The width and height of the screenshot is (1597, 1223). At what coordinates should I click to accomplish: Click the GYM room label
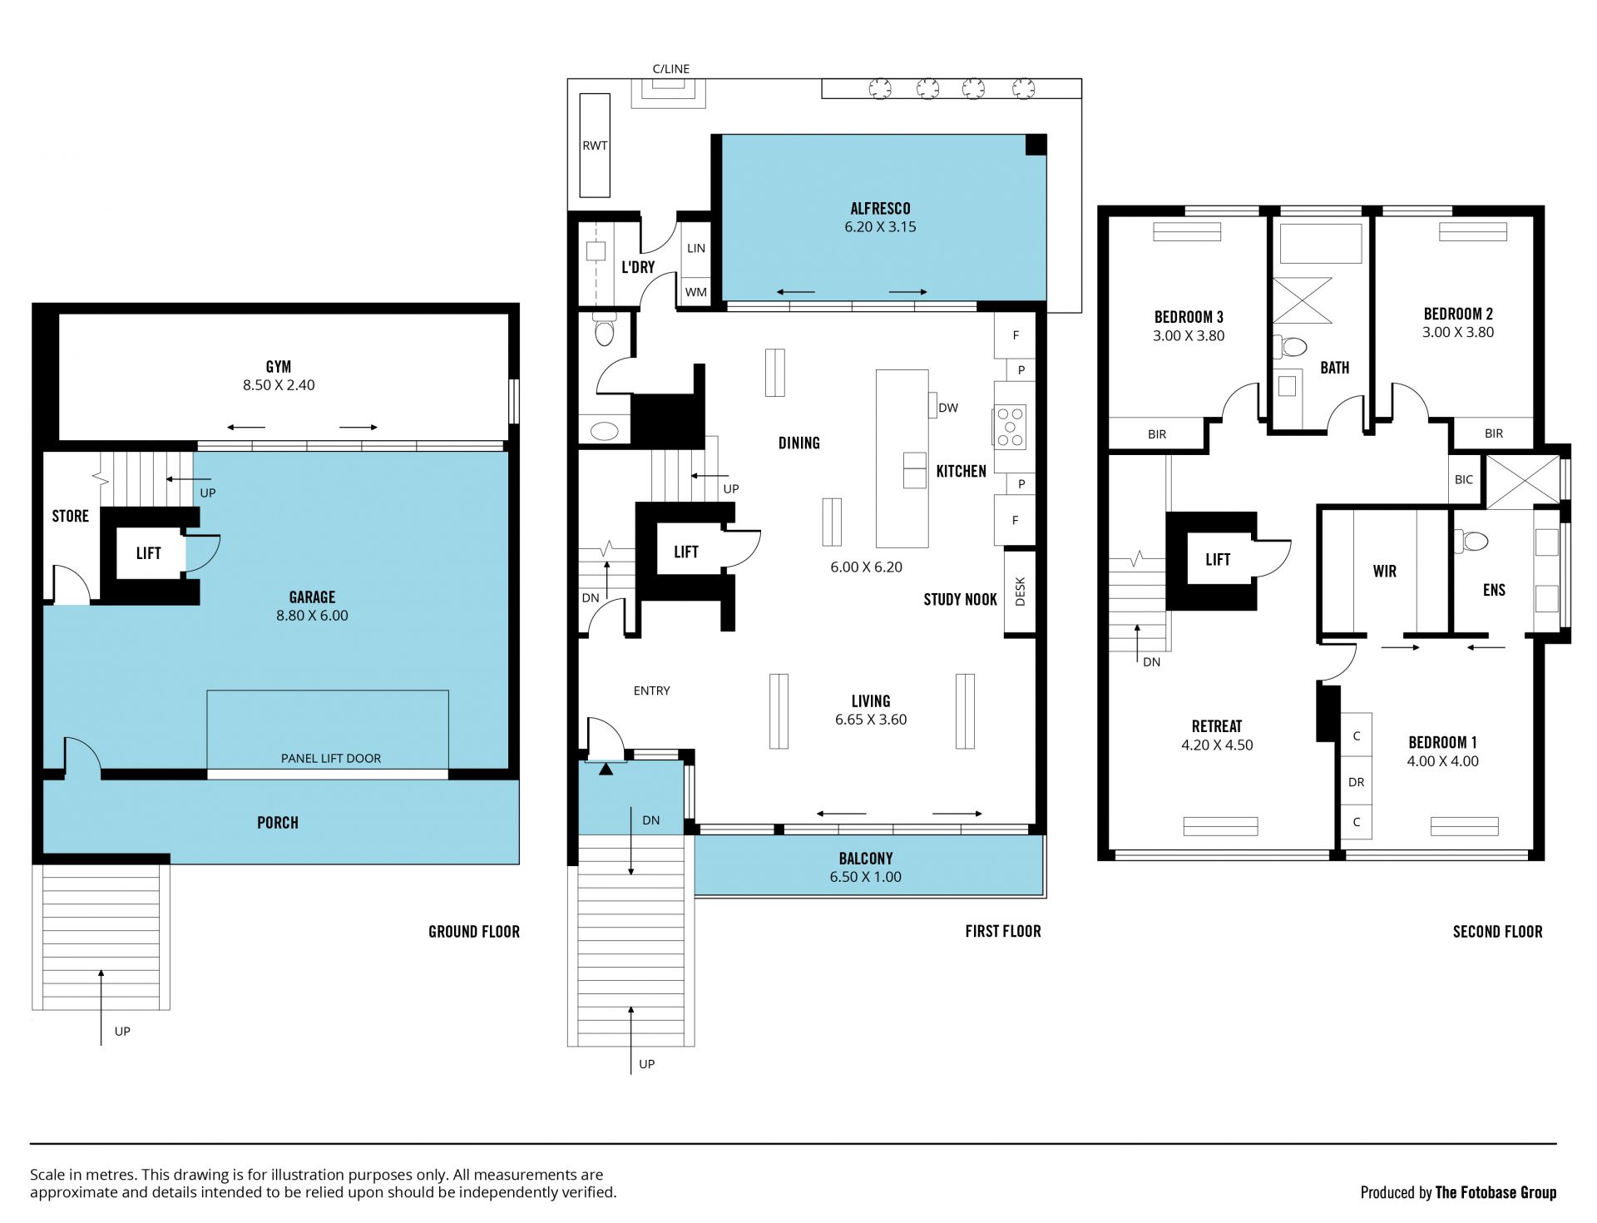click(x=279, y=366)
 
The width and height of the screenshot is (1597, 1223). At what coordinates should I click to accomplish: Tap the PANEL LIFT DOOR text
click(x=331, y=759)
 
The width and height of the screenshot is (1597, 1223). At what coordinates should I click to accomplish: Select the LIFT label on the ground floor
click(x=149, y=553)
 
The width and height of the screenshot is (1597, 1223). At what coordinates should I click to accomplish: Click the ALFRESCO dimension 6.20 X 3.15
click(x=880, y=227)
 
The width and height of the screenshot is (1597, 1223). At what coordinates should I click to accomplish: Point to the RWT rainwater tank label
click(x=595, y=146)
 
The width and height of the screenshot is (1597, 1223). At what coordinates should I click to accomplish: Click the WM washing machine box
click(x=696, y=292)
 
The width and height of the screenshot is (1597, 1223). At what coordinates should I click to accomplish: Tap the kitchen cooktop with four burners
click(x=1011, y=427)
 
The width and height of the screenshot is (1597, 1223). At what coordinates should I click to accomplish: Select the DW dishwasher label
click(x=948, y=408)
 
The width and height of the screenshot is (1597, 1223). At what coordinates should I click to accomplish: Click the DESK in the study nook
click(x=1021, y=592)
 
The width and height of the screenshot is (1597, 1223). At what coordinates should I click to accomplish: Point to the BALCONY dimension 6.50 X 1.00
click(x=866, y=877)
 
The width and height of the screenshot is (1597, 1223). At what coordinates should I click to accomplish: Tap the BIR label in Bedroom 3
click(x=1157, y=434)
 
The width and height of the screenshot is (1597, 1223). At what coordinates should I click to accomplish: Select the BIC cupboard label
click(x=1464, y=480)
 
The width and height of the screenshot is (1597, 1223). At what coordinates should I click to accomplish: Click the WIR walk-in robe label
click(x=1385, y=572)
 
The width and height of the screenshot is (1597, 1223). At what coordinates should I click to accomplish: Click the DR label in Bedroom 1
click(x=1357, y=782)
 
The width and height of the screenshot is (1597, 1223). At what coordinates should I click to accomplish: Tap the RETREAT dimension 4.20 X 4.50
click(x=1217, y=745)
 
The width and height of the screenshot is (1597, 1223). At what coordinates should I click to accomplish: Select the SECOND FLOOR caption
click(x=1498, y=932)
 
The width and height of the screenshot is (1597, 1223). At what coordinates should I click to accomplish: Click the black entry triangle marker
click(x=606, y=770)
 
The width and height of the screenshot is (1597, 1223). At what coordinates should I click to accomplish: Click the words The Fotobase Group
click(x=1496, y=1193)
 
